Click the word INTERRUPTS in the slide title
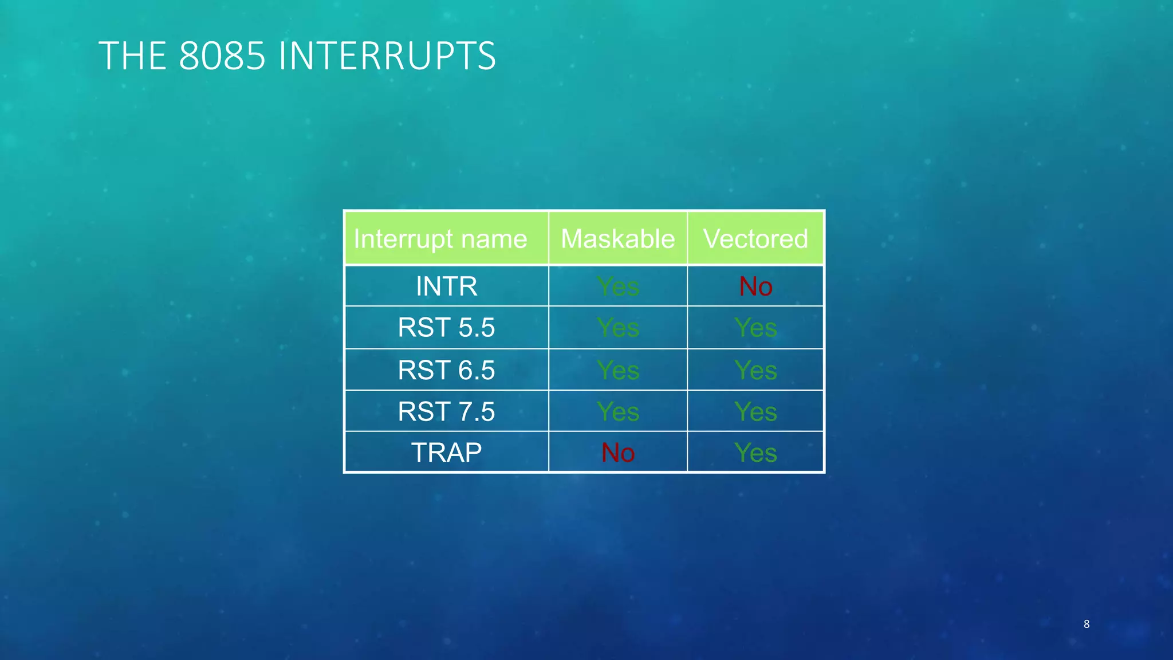(x=387, y=56)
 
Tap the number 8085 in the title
(x=222, y=56)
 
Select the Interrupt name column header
(x=440, y=239)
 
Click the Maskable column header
(x=617, y=239)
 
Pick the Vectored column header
(x=755, y=239)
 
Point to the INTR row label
(x=446, y=286)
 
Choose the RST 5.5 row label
(x=446, y=328)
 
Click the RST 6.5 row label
(x=446, y=370)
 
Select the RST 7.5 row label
(x=446, y=411)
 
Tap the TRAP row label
(x=446, y=453)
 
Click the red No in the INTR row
(x=755, y=286)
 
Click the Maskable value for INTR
(x=617, y=286)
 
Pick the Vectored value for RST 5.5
(x=755, y=328)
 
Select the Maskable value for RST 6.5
(x=617, y=370)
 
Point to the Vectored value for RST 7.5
(x=755, y=411)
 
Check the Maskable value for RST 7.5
(x=617, y=411)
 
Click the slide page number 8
(x=1086, y=624)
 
